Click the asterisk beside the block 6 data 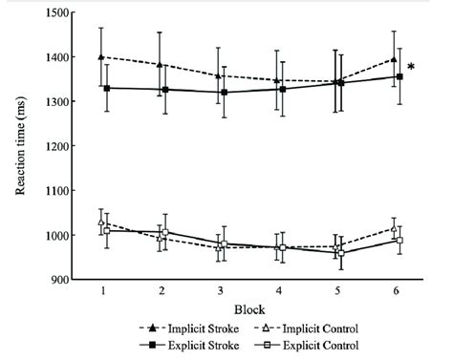coord(411,68)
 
